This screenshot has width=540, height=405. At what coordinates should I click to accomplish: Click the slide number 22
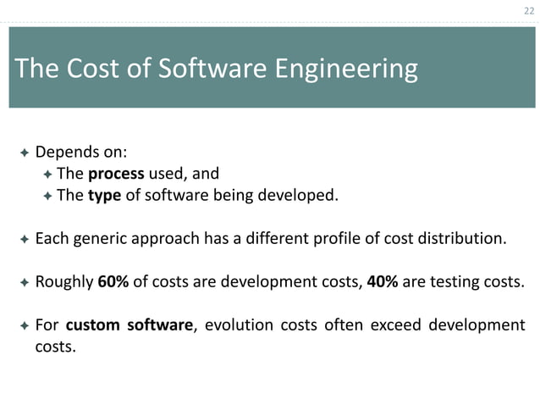[x=529, y=10]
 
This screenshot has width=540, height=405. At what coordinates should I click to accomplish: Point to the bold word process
[x=116, y=174]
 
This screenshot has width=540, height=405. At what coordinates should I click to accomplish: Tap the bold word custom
[x=94, y=325]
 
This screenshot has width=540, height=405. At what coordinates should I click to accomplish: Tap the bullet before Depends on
[x=24, y=153]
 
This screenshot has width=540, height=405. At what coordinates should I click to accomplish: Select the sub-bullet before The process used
[x=47, y=175]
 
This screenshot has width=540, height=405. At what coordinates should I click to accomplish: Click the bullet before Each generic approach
[x=24, y=240]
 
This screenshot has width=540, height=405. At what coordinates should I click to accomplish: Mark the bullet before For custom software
[x=24, y=326]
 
